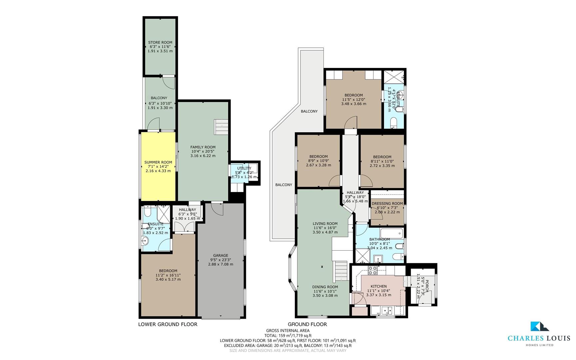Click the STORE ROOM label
(160, 42)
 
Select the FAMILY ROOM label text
(203, 147)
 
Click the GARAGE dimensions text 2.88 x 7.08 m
(221, 264)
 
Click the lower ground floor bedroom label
(168, 271)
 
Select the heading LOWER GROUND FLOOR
(168, 324)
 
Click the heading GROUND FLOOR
(307, 324)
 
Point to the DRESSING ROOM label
(387, 203)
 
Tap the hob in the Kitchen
(373, 270)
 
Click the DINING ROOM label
(325, 287)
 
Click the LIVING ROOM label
(325, 224)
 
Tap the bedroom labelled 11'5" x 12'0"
(353, 99)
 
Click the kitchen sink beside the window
(388, 311)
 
